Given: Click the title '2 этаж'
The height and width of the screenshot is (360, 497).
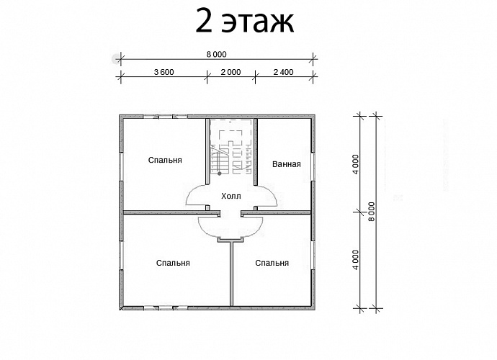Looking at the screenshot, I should (x=245, y=23).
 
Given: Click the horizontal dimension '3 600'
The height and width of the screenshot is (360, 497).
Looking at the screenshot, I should (x=163, y=72).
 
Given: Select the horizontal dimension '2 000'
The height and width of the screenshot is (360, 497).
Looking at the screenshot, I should (x=230, y=72).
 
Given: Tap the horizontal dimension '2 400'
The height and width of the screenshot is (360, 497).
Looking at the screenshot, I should (x=283, y=72).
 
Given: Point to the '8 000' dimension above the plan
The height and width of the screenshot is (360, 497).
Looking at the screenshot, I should (x=216, y=54).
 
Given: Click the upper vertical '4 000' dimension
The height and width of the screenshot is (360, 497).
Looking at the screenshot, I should (x=356, y=164).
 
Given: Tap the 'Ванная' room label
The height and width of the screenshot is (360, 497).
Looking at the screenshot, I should (x=286, y=164).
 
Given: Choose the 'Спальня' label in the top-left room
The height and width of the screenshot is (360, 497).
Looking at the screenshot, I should (x=165, y=160).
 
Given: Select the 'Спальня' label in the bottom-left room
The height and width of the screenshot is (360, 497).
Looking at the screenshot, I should (x=173, y=263).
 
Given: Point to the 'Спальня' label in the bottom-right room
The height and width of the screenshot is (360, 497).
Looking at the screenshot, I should (x=272, y=263).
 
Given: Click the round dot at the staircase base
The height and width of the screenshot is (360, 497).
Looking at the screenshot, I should (x=220, y=174).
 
